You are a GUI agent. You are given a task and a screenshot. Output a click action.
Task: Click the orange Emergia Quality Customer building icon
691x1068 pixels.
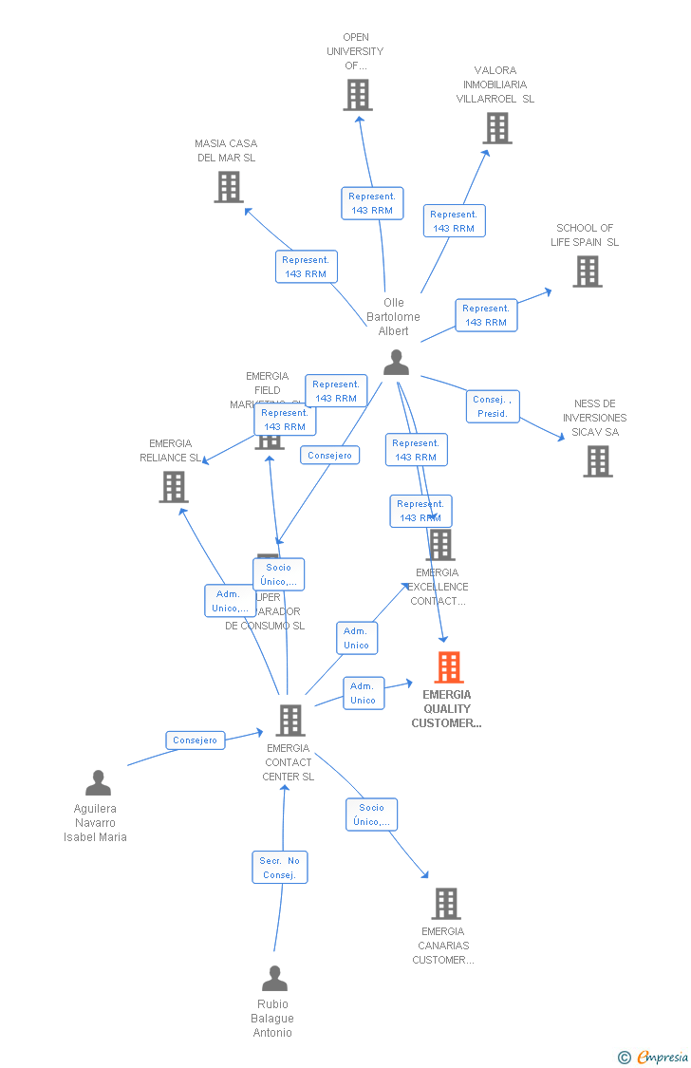pyautogui.click(x=449, y=667)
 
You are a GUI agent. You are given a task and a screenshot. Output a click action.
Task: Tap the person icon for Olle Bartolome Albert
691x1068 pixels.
pyautogui.click(x=396, y=362)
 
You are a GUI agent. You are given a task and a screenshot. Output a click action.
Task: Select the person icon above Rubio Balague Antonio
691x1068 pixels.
pyautogui.click(x=274, y=978)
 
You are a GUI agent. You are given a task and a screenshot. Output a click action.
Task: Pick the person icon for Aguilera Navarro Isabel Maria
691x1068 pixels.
pyautogui.click(x=98, y=782)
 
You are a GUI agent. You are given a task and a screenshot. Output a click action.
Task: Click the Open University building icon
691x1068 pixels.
pyautogui.click(x=358, y=95)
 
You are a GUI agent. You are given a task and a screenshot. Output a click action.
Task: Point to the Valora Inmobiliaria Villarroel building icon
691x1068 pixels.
pyautogui.click(x=497, y=128)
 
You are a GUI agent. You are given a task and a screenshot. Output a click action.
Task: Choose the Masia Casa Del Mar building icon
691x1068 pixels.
pyautogui.click(x=229, y=187)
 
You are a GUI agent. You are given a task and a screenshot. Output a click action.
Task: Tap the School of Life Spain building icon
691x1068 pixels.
pyautogui.click(x=588, y=272)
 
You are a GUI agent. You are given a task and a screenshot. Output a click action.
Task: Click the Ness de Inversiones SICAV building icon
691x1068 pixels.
pyautogui.click(x=597, y=461)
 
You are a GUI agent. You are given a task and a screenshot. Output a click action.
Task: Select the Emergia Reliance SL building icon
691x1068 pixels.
pyautogui.click(x=174, y=487)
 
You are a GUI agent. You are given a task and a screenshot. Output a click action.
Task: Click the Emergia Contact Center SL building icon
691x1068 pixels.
pyautogui.click(x=289, y=721)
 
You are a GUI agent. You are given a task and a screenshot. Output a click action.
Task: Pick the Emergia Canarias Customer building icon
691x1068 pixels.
pyautogui.click(x=445, y=904)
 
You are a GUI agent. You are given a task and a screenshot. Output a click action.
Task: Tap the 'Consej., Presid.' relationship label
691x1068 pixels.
pyautogui.click(x=493, y=406)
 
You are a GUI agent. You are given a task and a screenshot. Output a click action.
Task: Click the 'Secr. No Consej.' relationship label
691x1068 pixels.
pyautogui.click(x=280, y=868)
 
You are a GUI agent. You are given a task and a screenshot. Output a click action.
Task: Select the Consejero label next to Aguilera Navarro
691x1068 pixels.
pyautogui.click(x=196, y=740)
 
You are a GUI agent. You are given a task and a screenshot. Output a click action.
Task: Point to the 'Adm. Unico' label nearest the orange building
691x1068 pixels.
pyautogui.click(x=363, y=693)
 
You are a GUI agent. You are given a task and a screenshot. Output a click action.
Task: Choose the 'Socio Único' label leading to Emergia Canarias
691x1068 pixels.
pyautogui.click(x=371, y=815)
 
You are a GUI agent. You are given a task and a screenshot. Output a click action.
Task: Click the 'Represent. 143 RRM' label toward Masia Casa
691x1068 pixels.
pyautogui.click(x=306, y=267)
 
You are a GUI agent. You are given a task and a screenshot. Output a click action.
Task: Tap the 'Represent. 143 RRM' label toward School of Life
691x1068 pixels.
pyautogui.click(x=486, y=315)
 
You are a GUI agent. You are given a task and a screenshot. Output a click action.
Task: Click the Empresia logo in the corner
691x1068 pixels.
pyautogui.click(x=661, y=1057)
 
